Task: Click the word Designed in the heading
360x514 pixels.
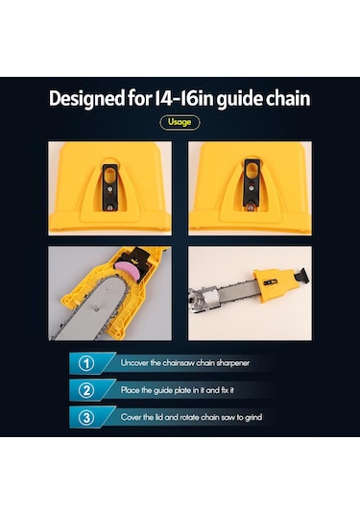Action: [86, 98]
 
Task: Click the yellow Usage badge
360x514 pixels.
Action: [180, 122]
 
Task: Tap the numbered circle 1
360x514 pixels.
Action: [86, 363]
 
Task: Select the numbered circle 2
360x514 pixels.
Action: [86, 390]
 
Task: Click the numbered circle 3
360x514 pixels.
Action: [86, 417]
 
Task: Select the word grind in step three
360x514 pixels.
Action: [253, 418]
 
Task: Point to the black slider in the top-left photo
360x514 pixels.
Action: [110, 187]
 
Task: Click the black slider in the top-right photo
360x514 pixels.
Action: [252, 184]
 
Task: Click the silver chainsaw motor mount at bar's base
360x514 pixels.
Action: [204, 299]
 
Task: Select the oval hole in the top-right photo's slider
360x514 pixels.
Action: [252, 169]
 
